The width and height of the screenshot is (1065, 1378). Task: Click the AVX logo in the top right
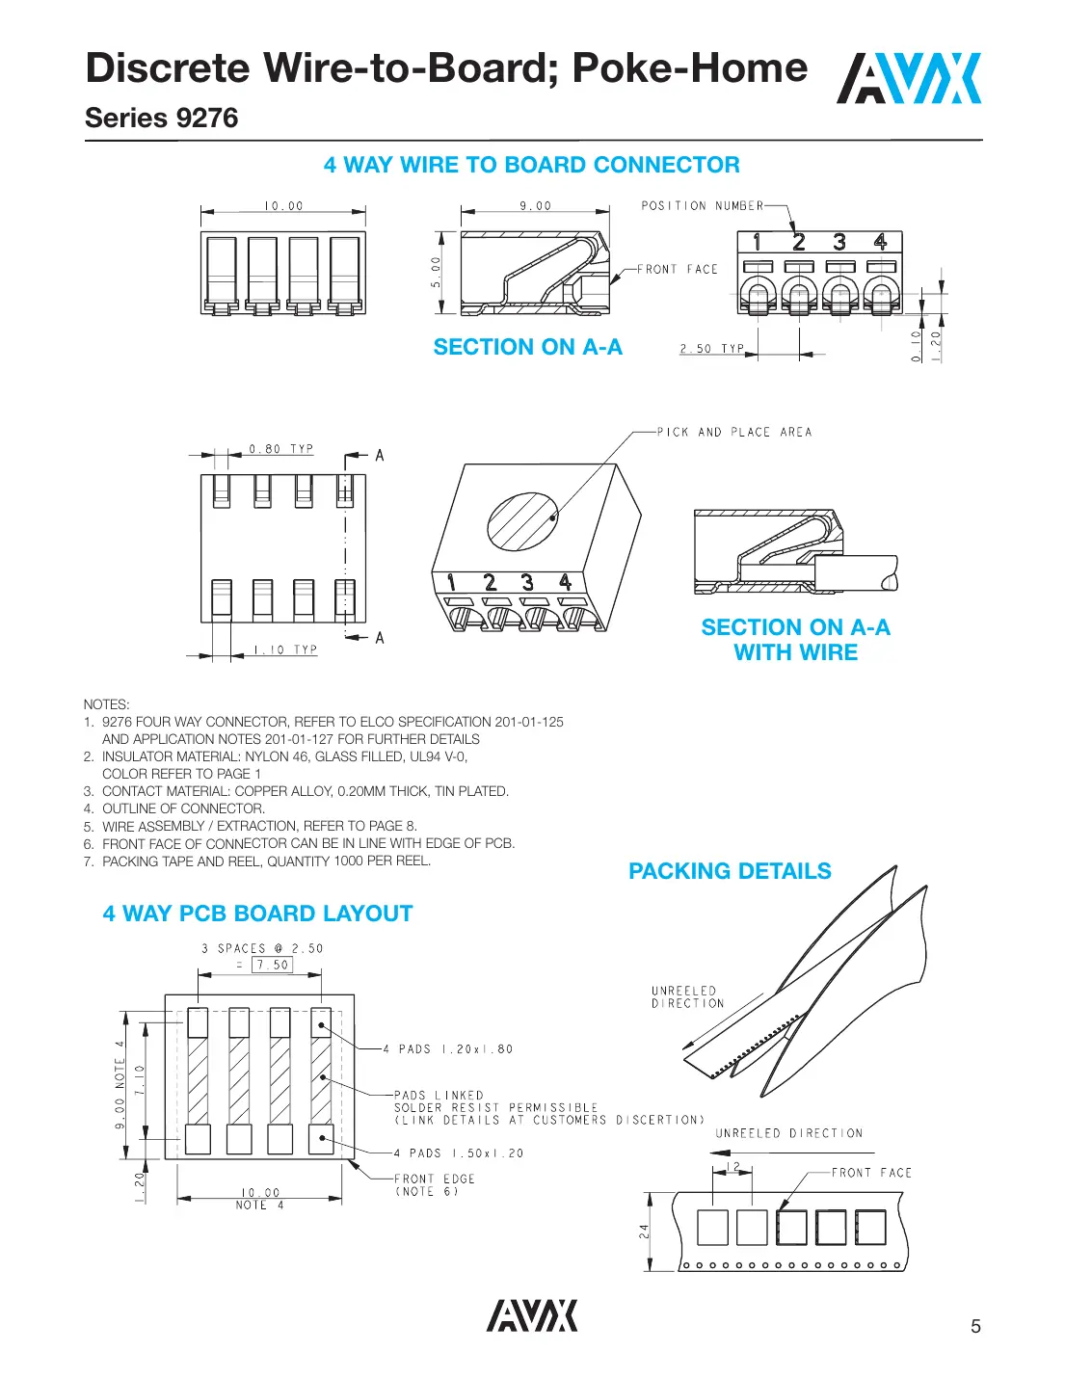tap(908, 78)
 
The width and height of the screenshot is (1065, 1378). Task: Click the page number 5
tap(975, 1326)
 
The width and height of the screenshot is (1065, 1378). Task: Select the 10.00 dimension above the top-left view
tap(283, 206)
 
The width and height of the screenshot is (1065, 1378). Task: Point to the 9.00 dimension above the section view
tap(536, 206)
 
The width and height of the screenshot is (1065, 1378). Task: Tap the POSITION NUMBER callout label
tap(702, 206)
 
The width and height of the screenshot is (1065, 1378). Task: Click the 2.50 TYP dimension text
tap(712, 349)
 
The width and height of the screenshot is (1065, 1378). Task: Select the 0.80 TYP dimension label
tap(281, 449)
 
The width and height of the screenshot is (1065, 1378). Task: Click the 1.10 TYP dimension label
tap(285, 650)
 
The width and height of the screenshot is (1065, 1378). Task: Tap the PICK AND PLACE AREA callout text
tap(734, 433)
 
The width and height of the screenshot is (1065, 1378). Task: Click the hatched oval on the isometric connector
tap(522, 521)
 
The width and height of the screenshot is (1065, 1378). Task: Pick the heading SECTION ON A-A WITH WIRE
tap(795, 640)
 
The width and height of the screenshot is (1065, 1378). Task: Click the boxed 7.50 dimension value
tap(273, 965)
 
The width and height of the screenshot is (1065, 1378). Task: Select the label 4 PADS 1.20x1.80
tap(448, 1049)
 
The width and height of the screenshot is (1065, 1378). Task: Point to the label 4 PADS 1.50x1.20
tap(459, 1153)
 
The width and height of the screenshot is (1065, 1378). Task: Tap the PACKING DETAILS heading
tap(730, 871)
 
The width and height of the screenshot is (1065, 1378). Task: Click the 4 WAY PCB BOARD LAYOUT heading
tap(257, 914)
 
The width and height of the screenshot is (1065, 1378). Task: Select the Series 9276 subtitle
tap(161, 119)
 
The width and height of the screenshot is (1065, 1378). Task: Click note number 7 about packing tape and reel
tap(257, 861)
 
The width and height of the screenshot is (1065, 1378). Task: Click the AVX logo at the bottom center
tap(532, 1315)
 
